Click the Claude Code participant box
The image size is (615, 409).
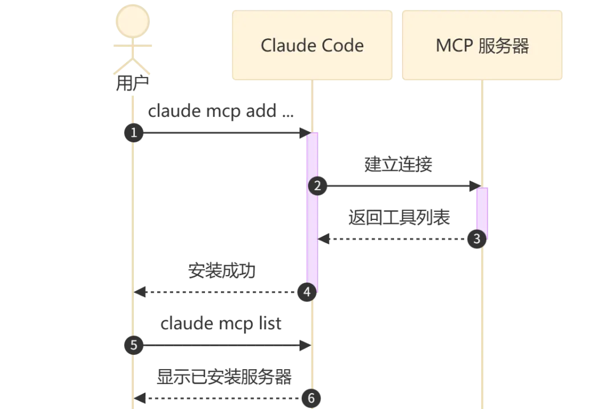311,45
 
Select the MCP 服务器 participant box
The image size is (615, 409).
482,45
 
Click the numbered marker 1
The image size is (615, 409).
133,133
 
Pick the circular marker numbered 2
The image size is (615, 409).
318,186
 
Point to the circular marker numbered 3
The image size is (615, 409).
477,239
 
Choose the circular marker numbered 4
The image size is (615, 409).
307,292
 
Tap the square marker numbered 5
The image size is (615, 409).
133,345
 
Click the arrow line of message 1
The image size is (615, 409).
222,133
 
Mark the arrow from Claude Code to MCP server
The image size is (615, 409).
399,186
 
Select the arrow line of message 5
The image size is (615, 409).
222,345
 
